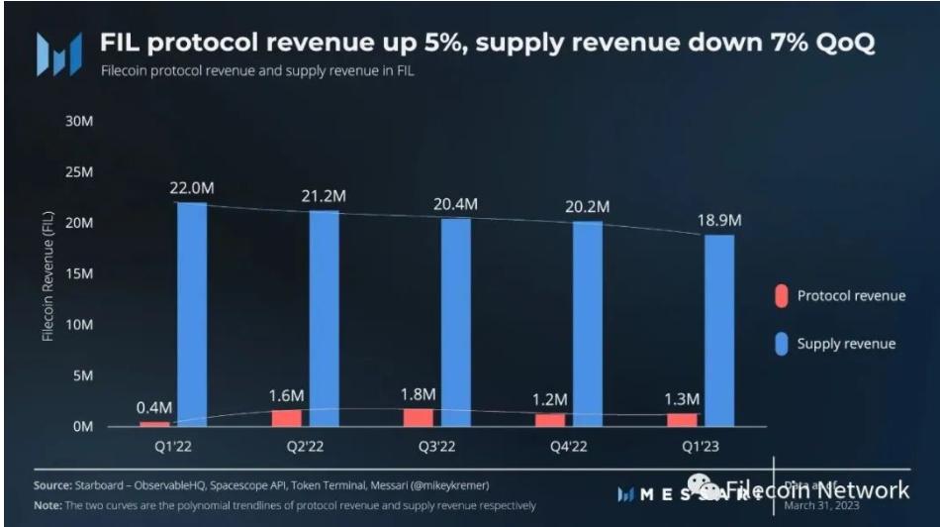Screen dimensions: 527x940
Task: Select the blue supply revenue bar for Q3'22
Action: click(x=456, y=322)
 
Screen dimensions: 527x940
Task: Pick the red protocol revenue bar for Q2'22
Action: click(x=287, y=418)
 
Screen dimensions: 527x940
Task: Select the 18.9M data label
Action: click(x=720, y=220)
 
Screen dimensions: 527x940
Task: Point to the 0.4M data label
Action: click(x=155, y=407)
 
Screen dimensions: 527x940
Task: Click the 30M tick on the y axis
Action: click(x=79, y=121)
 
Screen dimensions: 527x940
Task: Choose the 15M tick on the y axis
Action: click(x=79, y=274)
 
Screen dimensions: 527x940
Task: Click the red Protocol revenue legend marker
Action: click(x=780, y=296)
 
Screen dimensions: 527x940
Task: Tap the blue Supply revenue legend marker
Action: click(x=780, y=344)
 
